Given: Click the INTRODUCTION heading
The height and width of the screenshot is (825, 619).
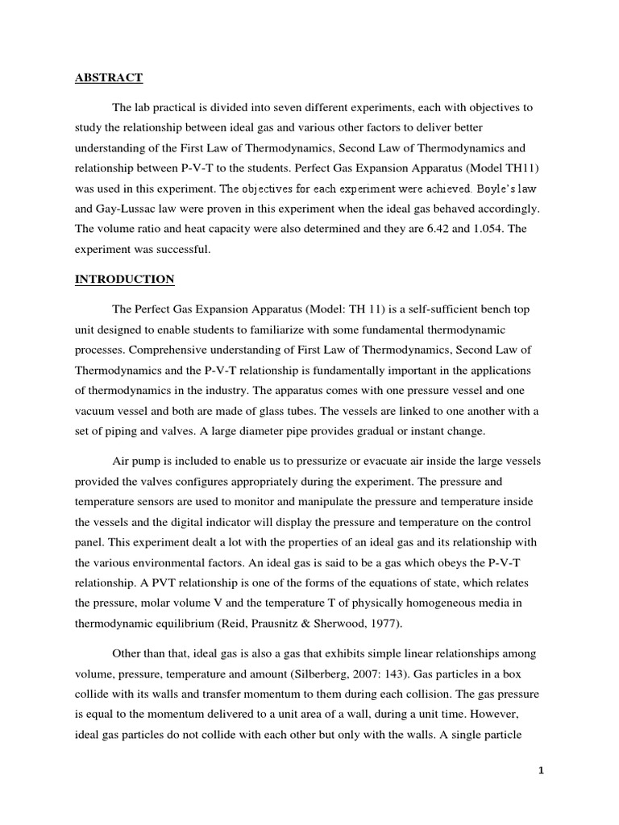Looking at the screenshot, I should (124, 280).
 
